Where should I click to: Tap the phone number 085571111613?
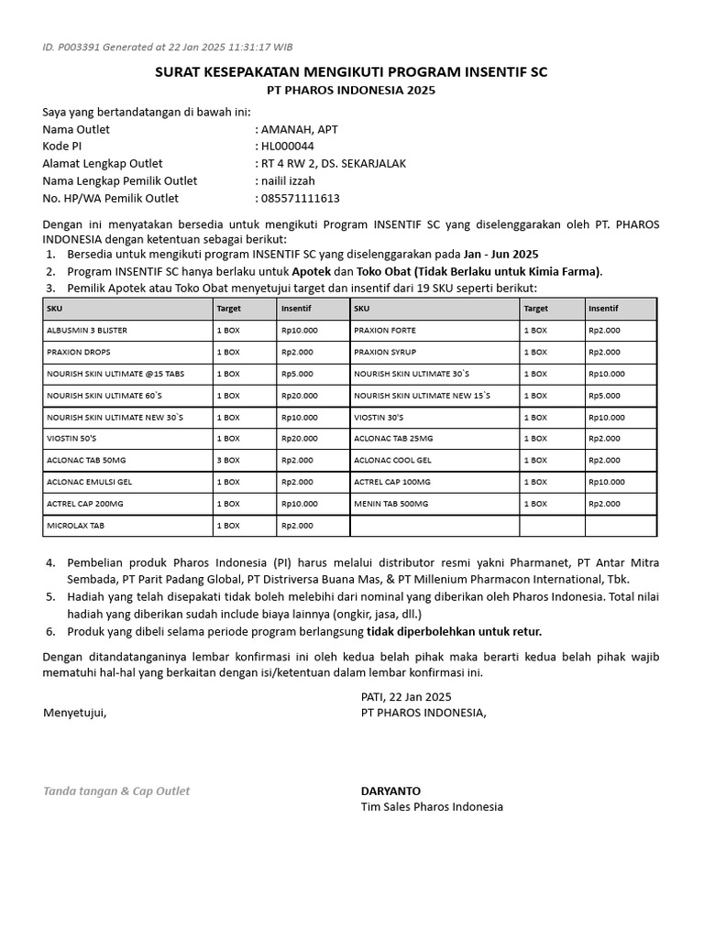point(301,198)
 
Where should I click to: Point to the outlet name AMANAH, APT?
point(299,129)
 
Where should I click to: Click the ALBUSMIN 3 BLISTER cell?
point(88,330)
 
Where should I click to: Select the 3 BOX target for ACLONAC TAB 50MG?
point(228,460)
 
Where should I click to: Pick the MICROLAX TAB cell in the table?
point(75,526)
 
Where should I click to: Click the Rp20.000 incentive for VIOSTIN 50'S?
point(300,439)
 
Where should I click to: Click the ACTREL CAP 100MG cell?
point(391,482)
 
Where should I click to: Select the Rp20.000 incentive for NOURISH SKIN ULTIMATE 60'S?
point(300,396)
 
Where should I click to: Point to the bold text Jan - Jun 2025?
point(500,254)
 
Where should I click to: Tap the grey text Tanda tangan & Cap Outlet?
point(116,791)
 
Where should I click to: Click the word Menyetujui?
point(74,713)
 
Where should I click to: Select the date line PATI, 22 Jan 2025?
point(406,696)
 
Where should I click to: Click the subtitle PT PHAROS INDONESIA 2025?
point(351,90)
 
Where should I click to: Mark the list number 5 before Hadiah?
point(51,596)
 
